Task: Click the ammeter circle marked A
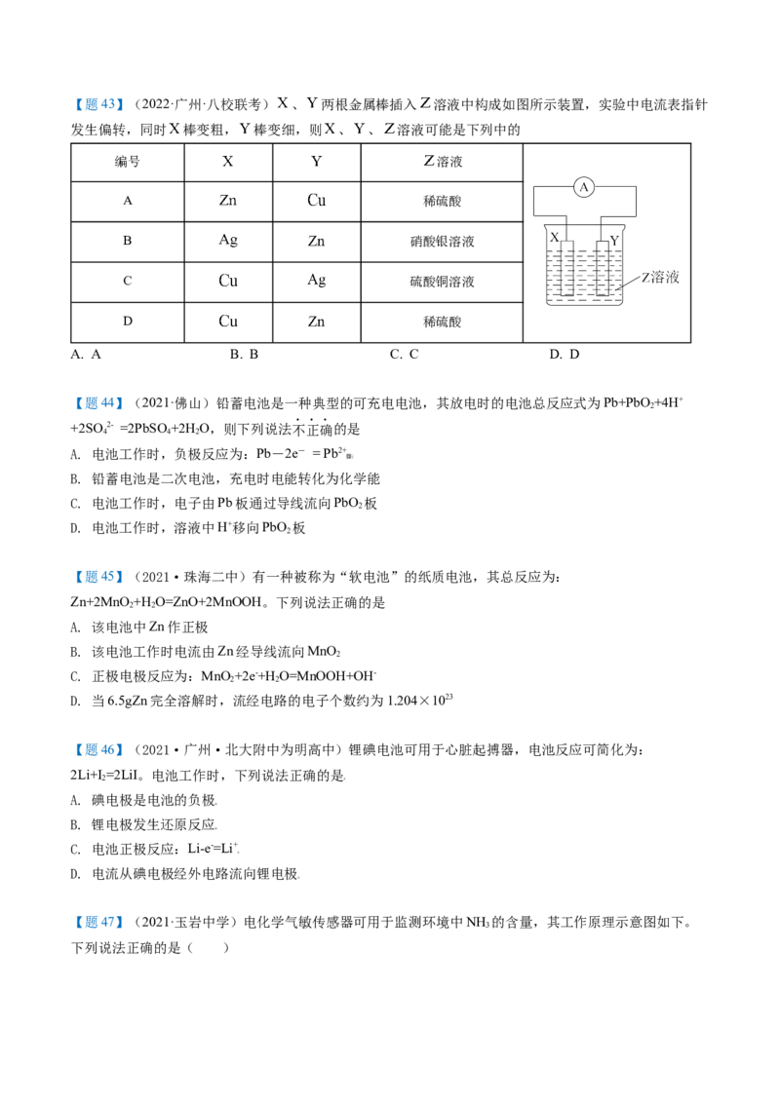coord(583,188)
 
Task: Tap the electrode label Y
coord(614,235)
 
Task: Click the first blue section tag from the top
coord(97,105)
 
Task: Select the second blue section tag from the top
coord(97,402)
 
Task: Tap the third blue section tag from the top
coord(97,577)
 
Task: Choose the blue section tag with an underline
coord(97,749)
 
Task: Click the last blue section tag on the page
coord(97,923)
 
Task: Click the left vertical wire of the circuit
coord(531,200)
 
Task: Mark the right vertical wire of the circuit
coord(638,200)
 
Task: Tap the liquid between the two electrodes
coord(585,278)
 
